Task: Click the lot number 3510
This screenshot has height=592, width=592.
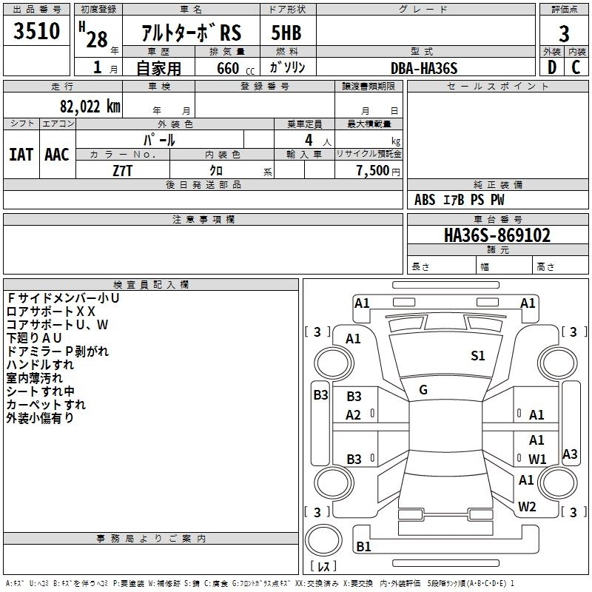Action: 36,30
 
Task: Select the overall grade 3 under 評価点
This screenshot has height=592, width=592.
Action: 564,33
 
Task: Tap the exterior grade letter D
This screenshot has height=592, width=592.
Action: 552,67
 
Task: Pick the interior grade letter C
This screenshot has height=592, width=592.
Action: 576,67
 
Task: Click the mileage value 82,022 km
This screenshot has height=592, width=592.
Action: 90,106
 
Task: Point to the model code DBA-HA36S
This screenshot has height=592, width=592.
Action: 424,68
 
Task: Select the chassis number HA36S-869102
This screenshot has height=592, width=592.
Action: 497,235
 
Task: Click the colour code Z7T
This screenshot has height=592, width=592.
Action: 123,171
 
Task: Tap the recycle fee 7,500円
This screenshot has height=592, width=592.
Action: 378,171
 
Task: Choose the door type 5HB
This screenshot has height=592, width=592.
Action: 286,33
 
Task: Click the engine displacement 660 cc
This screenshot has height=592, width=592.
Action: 235,68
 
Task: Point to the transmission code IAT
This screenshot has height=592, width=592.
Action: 21,155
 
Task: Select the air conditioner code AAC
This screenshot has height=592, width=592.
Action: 57,155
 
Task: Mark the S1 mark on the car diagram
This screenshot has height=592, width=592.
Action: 477,355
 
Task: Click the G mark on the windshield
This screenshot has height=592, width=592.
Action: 423,389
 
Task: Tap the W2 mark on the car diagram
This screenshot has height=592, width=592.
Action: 527,506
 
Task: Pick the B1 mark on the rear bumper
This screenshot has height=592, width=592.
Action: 363,546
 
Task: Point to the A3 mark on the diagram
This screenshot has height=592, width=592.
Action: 570,454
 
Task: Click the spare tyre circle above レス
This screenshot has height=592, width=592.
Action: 323,540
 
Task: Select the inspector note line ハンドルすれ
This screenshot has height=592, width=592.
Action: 41,365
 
